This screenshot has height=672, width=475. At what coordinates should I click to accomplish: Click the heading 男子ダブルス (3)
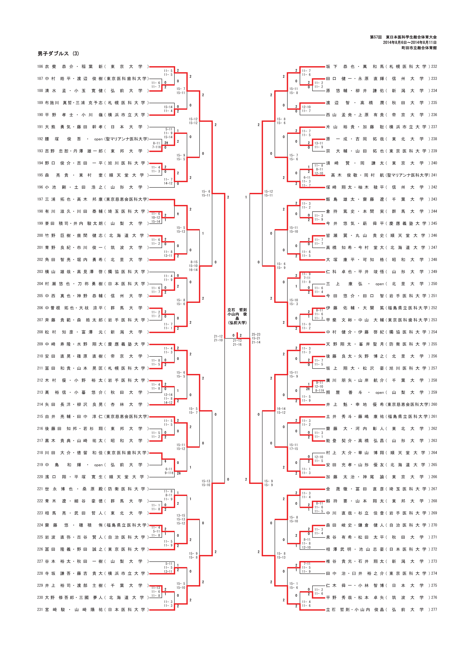point(58,54)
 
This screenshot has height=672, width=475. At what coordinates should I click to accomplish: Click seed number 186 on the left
point(40,67)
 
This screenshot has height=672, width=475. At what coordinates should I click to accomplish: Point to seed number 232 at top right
point(434,67)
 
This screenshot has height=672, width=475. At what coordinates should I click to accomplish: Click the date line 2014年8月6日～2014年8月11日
point(409,43)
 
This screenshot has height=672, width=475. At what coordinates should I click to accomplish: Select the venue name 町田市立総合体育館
point(419,48)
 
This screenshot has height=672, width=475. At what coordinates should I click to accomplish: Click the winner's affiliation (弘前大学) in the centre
point(237,323)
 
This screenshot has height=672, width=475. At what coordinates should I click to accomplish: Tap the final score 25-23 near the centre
point(256,334)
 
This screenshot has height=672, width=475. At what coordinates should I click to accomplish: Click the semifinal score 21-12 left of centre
point(218,336)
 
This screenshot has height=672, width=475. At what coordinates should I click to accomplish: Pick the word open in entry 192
point(98,139)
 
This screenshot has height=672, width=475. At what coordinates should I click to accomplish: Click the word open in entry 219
point(98,465)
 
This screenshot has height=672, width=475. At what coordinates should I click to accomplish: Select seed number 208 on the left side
point(40,332)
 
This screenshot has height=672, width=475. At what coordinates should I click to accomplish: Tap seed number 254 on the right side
point(434,332)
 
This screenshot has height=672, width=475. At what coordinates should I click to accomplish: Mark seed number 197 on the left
point(40,199)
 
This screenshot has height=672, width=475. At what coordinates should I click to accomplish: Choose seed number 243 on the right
point(434,199)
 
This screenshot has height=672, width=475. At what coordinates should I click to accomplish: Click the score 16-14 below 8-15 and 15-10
point(193,270)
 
